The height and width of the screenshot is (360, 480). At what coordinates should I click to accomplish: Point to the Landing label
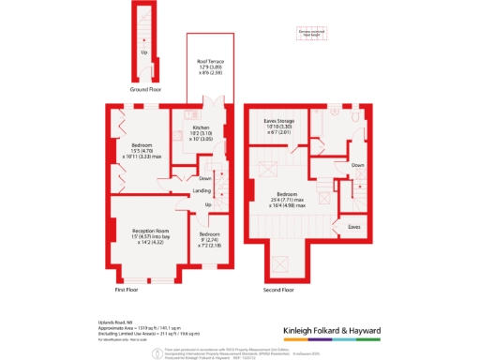[202, 192]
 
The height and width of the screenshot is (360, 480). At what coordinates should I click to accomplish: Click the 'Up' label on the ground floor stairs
[143, 53]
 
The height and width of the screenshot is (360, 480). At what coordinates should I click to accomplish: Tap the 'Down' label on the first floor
[205, 178]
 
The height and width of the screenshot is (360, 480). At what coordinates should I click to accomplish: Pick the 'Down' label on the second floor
[357, 164]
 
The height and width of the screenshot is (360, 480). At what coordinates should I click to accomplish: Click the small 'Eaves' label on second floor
[353, 226]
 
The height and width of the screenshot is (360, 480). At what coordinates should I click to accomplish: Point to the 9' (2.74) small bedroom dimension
[210, 239]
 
